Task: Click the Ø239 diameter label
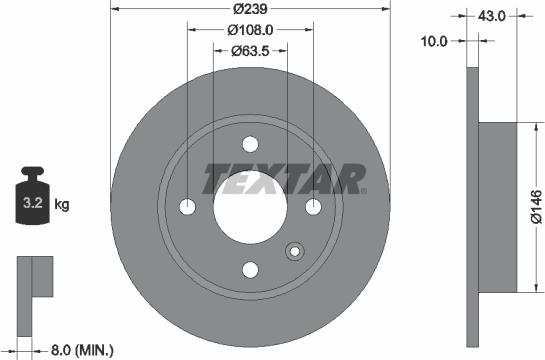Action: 248,9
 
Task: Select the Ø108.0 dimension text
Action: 248,30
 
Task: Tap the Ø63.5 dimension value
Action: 250,50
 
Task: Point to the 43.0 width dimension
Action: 490,16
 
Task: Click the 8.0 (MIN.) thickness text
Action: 82,349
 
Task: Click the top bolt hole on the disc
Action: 250,144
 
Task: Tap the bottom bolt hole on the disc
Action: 250,268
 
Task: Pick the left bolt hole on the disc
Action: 188,206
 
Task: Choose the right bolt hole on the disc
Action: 312,206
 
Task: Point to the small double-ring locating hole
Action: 294,251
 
